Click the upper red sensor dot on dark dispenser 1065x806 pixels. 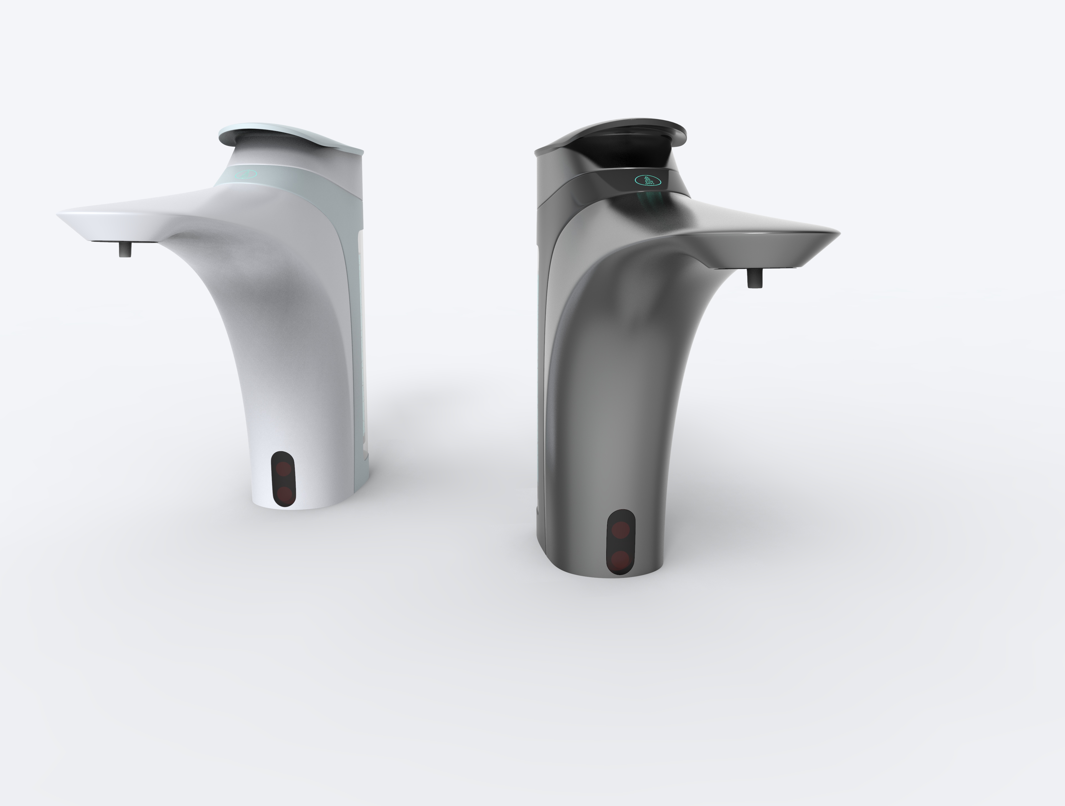click(x=621, y=530)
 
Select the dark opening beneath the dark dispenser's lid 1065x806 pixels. click(x=626, y=154)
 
